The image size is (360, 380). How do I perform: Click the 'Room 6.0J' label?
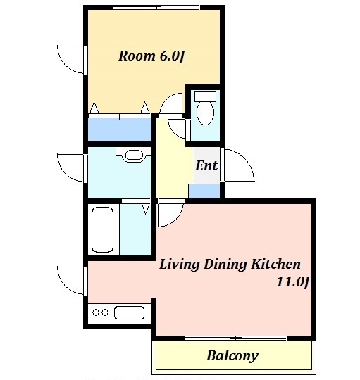coord(151,56)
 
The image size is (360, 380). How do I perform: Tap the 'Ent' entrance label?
coord(206,166)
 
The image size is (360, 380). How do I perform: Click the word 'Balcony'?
coord(232,356)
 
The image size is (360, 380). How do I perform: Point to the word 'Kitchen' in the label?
coord(275,264)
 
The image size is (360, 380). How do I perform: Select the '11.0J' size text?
coord(292,282)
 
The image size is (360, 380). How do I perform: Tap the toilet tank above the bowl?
coord(205,96)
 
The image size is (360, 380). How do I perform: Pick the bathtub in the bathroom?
coord(102,229)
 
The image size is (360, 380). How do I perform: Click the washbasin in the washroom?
coord(134,155)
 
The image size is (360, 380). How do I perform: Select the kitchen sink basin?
coord(129,313)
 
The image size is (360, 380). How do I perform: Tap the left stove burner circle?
coord(96,312)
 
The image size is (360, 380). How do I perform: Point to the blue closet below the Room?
coord(120,129)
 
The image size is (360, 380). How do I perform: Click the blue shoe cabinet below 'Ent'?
coord(204,191)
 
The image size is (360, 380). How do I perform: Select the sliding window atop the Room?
coord(156,8)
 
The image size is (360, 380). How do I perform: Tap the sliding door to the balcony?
coord(235,338)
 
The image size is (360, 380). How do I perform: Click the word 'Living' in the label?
coord(180,265)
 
